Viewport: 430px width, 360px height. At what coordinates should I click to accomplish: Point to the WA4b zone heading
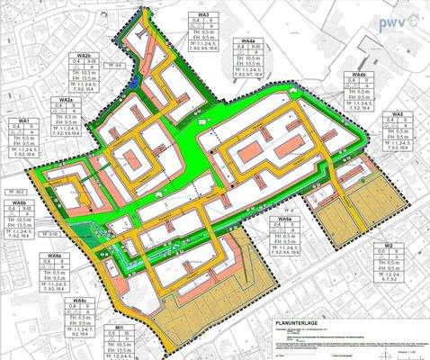(359, 75)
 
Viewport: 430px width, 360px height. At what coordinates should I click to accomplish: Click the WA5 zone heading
(398, 115)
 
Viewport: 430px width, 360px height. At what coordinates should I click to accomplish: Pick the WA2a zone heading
(65, 99)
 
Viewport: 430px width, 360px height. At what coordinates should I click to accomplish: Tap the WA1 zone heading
(23, 120)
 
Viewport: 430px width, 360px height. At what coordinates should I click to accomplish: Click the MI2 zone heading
(389, 245)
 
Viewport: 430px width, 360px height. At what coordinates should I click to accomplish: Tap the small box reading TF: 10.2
(22, 192)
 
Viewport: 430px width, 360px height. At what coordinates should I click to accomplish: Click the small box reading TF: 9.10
(52, 233)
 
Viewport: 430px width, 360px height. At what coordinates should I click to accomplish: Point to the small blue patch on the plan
(133, 80)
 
